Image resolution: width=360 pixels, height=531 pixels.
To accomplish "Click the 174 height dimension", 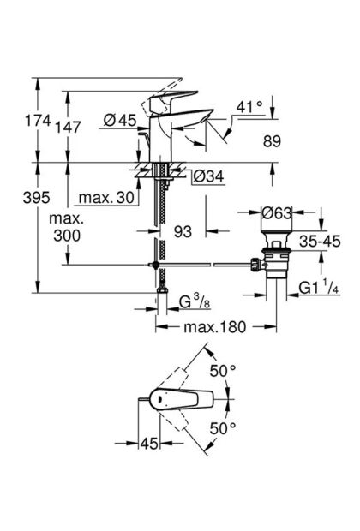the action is [x=39, y=121].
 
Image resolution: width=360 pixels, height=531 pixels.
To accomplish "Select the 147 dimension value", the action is [x=68, y=128].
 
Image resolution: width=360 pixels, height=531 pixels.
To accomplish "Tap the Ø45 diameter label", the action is [x=120, y=120].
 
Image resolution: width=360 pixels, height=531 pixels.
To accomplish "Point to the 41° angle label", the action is [x=249, y=107].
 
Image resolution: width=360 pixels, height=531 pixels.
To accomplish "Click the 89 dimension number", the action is [x=272, y=140].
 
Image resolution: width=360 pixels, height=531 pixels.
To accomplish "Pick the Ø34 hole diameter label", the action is [x=208, y=176].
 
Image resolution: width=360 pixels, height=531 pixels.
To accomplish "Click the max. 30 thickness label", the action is [x=106, y=198].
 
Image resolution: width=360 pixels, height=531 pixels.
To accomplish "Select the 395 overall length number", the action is [x=36, y=198].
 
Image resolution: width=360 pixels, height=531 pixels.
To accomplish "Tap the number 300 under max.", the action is [x=67, y=236].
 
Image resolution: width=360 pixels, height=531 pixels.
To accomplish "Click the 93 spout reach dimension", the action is [x=183, y=231].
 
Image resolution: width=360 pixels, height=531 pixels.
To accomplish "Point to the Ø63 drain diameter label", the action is [x=277, y=213].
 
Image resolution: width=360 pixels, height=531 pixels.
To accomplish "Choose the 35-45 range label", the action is [x=320, y=242].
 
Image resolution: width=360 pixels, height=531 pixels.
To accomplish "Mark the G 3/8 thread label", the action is [x=195, y=302].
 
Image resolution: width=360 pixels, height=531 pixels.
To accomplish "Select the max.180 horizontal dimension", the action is [x=215, y=327].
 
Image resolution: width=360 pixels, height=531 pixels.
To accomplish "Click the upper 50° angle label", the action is [x=222, y=371].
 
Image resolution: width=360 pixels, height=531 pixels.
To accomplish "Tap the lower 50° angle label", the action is [x=222, y=428].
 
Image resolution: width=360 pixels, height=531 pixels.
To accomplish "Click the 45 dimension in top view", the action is [x=149, y=444].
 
